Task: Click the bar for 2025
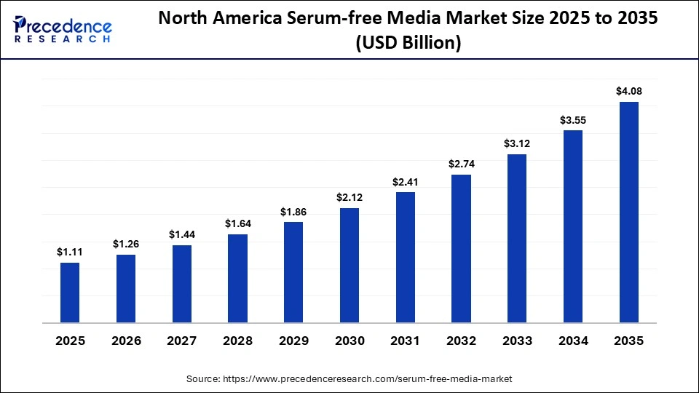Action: (x=70, y=293)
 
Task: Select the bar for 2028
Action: (x=237, y=279)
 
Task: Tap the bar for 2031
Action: (x=406, y=258)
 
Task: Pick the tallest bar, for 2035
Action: (x=629, y=213)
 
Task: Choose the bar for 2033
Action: (x=517, y=239)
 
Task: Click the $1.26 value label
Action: (x=126, y=244)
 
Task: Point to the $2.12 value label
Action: (x=349, y=197)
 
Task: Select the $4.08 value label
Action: (x=629, y=91)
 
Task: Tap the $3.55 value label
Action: (x=573, y=119)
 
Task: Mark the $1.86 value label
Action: (x=293, y=211)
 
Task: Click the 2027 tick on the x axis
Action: (x=182, y=341)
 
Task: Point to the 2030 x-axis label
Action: (x=349, y=341)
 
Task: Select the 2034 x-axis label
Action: (x=573, y=341)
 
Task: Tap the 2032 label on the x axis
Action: (x=462, y=341)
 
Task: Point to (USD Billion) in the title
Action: (x=408, y=44)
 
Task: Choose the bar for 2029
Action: (x=293, y=272)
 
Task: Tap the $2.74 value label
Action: (x=462, y=164)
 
